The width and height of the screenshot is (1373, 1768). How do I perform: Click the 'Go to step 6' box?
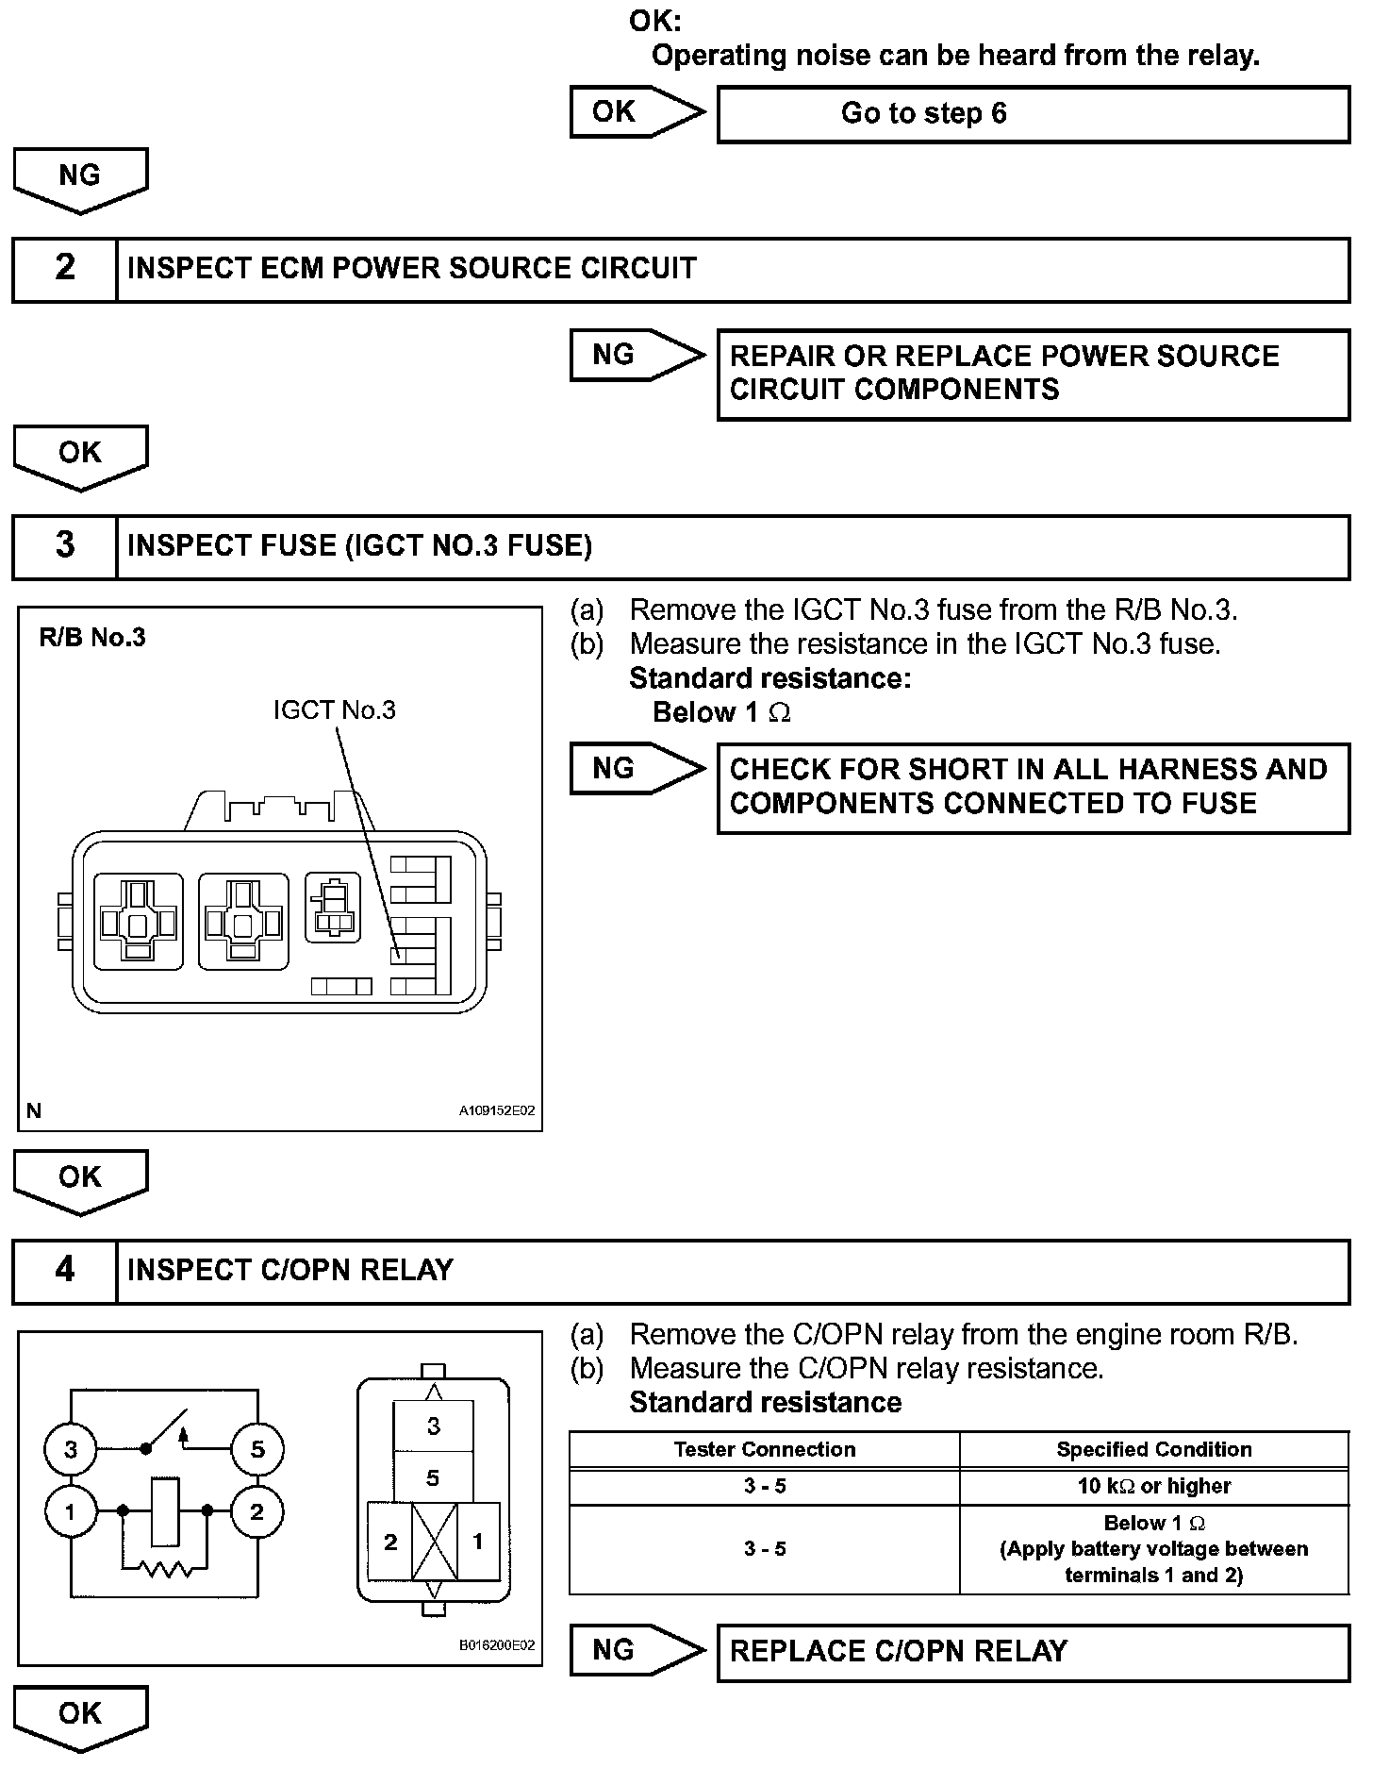click(1033, 114)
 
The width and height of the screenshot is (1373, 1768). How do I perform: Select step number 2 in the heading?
click(64, 269)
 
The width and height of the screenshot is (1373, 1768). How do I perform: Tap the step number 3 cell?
click(64, 546)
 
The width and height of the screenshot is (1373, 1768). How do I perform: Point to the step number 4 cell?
click(64, 1271)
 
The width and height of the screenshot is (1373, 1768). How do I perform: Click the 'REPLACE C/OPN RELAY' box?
click(1033, 1652)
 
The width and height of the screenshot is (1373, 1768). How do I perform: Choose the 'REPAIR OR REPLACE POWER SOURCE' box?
click(1033, 374)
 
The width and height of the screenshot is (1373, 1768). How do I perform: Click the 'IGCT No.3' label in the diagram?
click(335, 710)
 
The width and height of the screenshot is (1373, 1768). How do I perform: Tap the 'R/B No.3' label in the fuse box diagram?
click(92, 639)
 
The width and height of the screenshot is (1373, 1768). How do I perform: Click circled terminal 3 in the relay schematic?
click(70, 1449)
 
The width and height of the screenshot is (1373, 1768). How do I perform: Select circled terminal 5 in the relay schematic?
click(257, 1449)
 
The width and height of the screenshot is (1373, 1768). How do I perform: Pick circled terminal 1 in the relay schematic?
click(70, 1512)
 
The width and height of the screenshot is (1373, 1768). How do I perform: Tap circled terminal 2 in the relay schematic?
click(256, 1512)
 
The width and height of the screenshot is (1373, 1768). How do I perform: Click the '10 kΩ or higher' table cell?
click(1154, 1486)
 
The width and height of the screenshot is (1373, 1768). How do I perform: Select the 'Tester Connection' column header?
click(764, 1450)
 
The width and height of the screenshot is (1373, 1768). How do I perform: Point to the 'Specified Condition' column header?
click(1154, 1450)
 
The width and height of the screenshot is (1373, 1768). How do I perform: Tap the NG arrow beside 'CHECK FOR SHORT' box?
click(635, 769)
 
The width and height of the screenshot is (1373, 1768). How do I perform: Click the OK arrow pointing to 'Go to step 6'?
click(635, 112)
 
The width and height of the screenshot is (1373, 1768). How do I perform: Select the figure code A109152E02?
click(497, 1111)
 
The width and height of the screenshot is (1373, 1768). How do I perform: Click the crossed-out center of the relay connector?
click(434, 1543)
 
